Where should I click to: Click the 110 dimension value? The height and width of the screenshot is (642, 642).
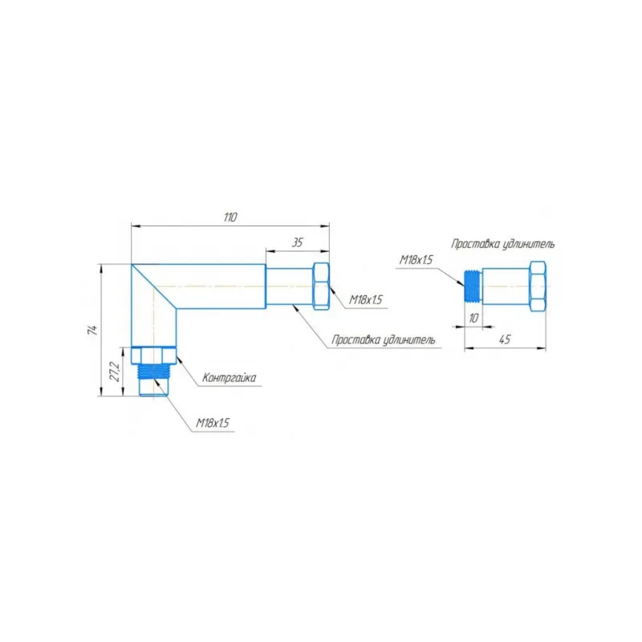[x=230, y=217]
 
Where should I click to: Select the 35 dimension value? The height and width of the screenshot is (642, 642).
[x=297, y=242]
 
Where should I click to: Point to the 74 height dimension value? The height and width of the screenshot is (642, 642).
[x=93, y=330]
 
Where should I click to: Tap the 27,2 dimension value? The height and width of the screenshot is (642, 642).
[x=116, y=372]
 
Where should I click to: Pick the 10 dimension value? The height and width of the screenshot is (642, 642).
[x=473, y=318]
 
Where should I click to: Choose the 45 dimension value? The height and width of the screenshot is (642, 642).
[x=505, y=339]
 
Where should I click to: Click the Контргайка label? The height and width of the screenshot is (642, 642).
[x=230, y=377]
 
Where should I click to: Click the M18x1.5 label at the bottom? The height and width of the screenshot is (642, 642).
[x=213, y=423]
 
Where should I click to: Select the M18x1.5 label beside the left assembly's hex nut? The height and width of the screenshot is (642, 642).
[x=366, y=299]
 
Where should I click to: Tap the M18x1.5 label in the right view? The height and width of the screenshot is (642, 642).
[x=416, y=260]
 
